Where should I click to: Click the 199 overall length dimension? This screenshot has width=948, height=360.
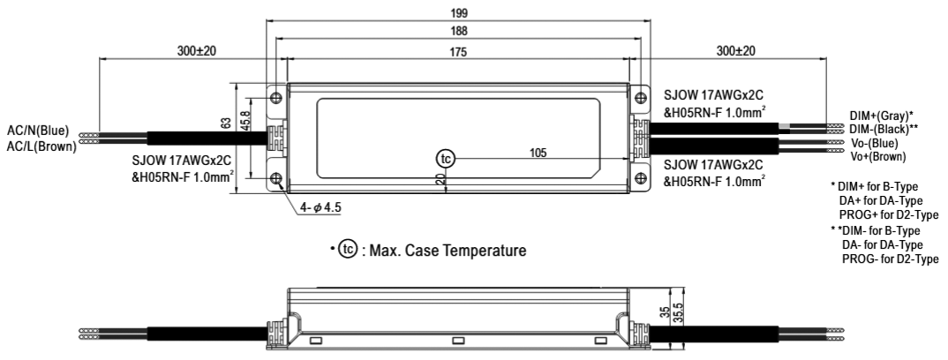click(x=459, y=12)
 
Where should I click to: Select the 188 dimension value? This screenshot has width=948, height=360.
click(x=459, y=32)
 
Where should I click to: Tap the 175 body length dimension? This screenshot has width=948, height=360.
click(x=458, y=52)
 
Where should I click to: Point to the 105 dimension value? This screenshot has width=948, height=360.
click(x=538, y=153)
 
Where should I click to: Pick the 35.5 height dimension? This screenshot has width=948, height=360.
click(x=679, y=313)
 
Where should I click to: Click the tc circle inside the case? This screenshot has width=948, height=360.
click(x=446, y=159)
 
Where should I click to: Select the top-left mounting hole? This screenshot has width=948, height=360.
click(x=276, y=97)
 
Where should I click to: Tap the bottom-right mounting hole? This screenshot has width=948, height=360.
click(x=640, y=178)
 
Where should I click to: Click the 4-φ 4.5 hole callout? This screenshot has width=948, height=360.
click(x=320, y=207)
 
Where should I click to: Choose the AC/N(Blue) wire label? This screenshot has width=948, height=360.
click(x=38, y=131)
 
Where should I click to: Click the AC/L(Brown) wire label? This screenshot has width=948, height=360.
click(x=41, y=146)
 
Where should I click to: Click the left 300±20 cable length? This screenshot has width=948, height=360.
click(x=197, y=51)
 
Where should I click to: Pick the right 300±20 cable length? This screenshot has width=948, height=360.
click(x=735, y=51)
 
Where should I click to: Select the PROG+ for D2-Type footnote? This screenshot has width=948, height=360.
click(x=889, y=215)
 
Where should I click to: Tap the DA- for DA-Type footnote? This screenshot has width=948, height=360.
click(x=883, y=244)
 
